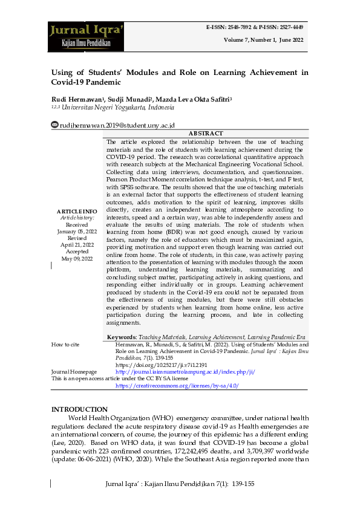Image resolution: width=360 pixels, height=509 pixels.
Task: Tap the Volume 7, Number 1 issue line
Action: [x=263, y=39]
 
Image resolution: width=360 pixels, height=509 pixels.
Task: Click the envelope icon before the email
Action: [x=55, y=125]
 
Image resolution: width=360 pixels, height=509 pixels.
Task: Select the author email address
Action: [x=117, y=125]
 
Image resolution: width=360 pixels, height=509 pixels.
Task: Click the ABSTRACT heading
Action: [x=205, y=133]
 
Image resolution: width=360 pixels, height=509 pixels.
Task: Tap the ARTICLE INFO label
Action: [x=77, y=211]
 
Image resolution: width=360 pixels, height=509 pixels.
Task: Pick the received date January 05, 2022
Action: [x=77, y=232]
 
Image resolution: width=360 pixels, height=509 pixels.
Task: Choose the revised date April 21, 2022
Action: [x=77, y=245]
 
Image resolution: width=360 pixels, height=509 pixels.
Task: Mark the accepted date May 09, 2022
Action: [x=77, y=259]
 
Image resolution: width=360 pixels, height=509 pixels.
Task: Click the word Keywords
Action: [x=122, y=337]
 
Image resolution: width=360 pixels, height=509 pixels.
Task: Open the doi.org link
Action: [x=161, y=365]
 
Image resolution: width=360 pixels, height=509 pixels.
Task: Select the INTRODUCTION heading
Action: [x=79, y=409]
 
